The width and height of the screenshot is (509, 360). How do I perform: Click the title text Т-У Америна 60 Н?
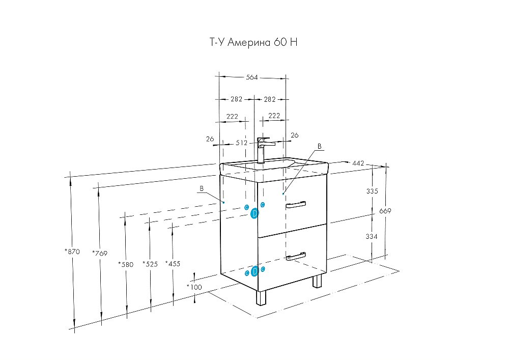pyautogui.click(x=253, y=43)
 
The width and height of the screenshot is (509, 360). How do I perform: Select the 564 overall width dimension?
pyautogui.click(x=252, y=77)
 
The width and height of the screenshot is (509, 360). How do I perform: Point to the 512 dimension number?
pyautogui.click(x=242, y=143)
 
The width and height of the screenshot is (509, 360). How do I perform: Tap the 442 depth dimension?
pyautogui.click(x=358, y=163)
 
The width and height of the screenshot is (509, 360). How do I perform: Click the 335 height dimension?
pyautogui.click(x=372, y=191)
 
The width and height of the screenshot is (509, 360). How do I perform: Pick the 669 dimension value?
pyautogui.click(x=385, y=211)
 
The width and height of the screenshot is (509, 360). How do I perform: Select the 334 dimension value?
pyautogui.click(x=372, y=236)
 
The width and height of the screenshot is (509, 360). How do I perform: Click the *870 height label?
pyautogui.click(x=72, y=252)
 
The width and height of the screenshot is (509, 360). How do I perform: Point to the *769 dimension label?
pyautogui.click(x=100, y=253)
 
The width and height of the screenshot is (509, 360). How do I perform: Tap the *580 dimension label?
pyautogui.click(x=125, y=264)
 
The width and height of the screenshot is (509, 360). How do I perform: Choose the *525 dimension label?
pyautogui.click(x=150, y=264)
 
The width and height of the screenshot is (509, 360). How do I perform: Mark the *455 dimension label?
pyautogui.click(x=173, y=263)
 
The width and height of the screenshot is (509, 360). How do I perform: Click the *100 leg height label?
pyautogui.click(x=194, y=287)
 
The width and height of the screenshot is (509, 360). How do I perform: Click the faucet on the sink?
pyautogui.click(x=262, y=149)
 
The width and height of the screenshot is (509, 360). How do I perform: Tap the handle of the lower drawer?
pyautogui.click(x=296, y=256)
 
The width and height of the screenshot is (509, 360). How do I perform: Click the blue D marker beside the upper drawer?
pyautogui.click(x=255, y=214)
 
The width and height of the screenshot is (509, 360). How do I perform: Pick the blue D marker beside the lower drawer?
pyautogui.click(x=255, y=271)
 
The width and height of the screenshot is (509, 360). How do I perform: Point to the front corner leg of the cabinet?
pyautogui.click(x=262, y=298)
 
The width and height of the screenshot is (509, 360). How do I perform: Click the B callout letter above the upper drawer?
pyautogui.click(x=319, y=146)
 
